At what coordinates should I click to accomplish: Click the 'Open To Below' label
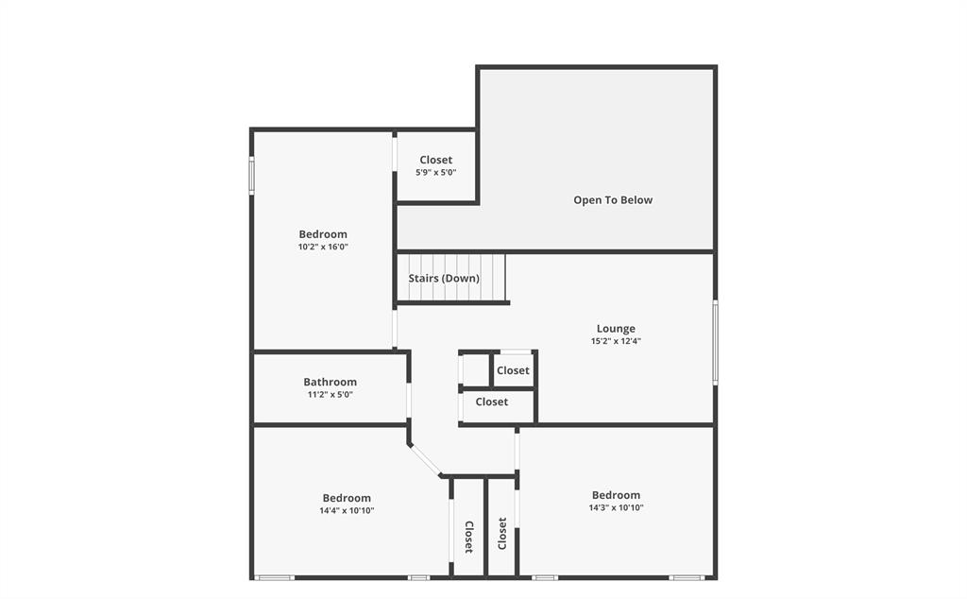(x=613, y=199)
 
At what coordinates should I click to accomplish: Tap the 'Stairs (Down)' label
(x=444, y=279)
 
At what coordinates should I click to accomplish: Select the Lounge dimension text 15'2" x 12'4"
(x=615, y=341)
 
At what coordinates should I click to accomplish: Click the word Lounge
(x=616, y=329)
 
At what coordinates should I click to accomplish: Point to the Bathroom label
(x=330, y=382)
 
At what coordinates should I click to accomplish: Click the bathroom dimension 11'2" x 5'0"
(x=330, y=395)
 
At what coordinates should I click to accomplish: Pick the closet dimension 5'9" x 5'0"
(x=435, y=173)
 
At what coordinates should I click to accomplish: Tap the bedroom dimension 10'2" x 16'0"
(x=323, y=247)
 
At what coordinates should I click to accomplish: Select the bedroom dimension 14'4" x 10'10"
(x=347, y=510)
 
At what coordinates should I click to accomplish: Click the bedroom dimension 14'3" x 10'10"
(x=616, y=507)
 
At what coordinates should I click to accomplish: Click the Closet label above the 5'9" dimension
(x=435, y=160)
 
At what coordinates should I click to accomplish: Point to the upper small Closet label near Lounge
(x=513, y=370)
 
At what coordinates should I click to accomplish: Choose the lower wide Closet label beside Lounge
(x=491, y=402)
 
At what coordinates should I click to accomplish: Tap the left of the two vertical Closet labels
(x=468, y=536)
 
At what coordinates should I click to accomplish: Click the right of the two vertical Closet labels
(x=502, y=533)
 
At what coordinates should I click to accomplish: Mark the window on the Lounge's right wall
(x=715, y=341)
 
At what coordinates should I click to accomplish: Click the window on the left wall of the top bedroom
(x=252, y=175)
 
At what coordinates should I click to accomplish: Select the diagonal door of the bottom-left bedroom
(x=426, y=460)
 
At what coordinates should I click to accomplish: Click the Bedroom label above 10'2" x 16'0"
(x=323, y=234)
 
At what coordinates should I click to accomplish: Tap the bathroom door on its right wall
(x=409, y=399)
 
